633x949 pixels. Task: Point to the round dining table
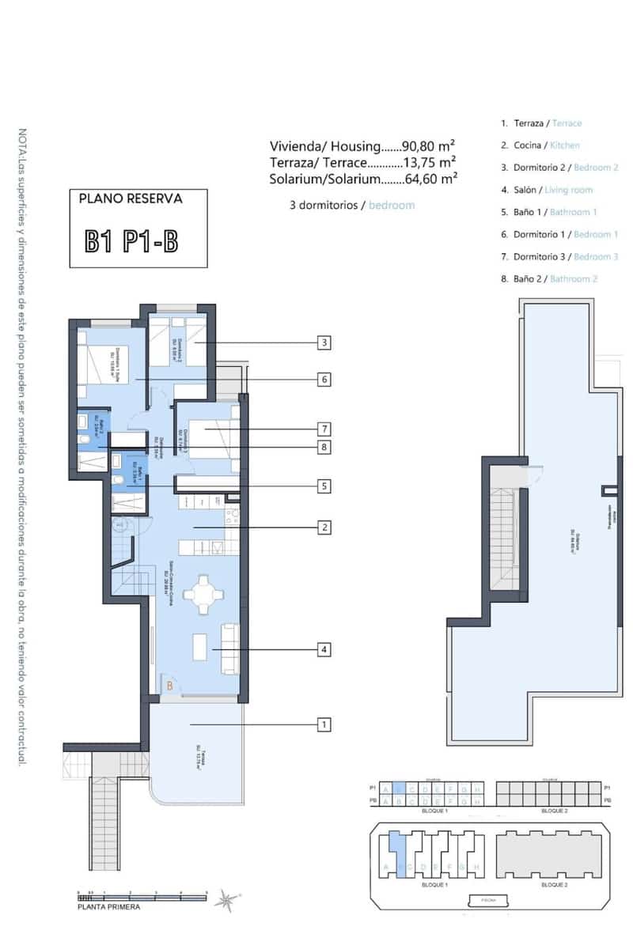204,595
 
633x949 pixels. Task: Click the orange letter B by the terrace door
169,686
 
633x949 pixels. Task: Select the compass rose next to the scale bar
228,898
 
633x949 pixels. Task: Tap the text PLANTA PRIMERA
109,907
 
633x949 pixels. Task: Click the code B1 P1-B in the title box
132,240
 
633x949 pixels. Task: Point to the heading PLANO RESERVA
131,199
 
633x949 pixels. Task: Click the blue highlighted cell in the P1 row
400,788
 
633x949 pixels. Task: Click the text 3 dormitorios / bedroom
352,205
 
